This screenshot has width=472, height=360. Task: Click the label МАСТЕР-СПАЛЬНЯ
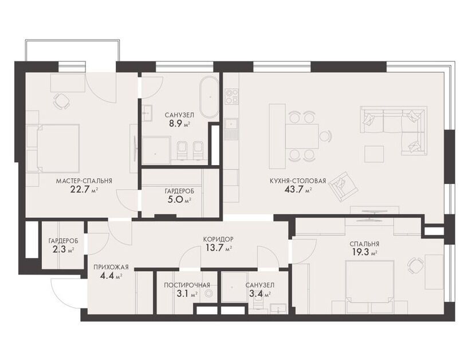coord(84,181)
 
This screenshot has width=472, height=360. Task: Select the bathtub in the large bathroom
coord(209,97)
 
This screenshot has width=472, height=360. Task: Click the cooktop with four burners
coord(232,96)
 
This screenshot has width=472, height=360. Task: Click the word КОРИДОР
coord(218,240)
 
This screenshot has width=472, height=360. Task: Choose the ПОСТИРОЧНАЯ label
coord(187,285)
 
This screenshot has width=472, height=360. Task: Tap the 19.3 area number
coord(361,252)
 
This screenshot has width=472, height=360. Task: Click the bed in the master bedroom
coord(58,148)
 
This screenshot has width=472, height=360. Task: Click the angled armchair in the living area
coord(344,186)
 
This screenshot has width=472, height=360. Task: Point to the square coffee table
coord(374,154)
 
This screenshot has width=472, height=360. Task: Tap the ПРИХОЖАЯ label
coord(111,268)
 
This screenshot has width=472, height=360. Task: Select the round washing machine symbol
coord(209,293)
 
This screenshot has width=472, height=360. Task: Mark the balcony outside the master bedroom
coord(73,50)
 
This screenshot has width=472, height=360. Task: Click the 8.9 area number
coord(175,123)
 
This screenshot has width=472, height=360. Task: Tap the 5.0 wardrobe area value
coord(174,199)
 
